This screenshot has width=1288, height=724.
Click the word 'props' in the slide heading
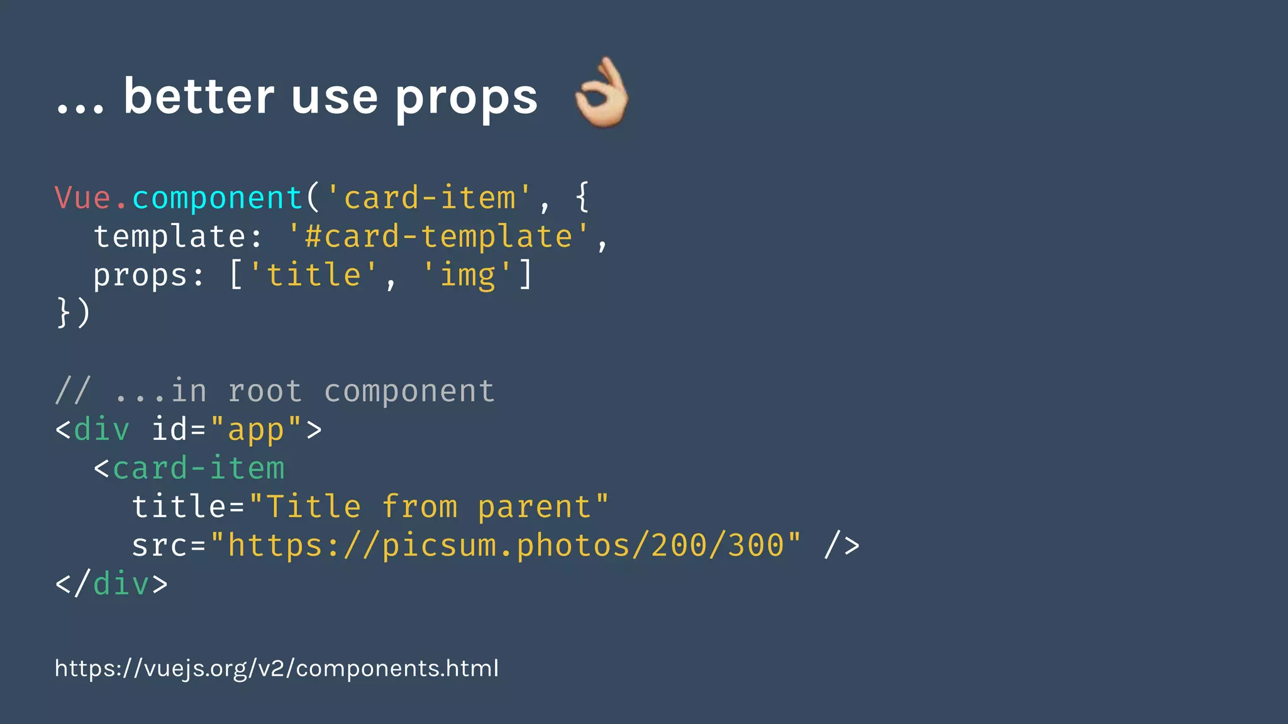click(x=466, y=98)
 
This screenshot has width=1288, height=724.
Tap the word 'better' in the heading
click(x=199, y=97)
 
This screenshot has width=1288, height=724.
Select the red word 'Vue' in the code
click(x=83, y=198)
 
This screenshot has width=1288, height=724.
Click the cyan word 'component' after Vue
click(x=218, y=199)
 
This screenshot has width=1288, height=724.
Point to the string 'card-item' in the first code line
click(x=430, y=198)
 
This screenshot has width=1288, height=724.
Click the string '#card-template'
click(x=438, y=237)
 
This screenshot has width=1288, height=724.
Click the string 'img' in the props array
click(x=467, y=275)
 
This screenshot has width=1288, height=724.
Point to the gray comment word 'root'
click(x=265, y=391)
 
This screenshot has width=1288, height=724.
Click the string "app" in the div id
click(x=255, y=430)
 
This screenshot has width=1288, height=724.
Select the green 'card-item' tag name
click(x=198, y=468)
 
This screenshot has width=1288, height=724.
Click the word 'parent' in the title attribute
click(x=535, y=507)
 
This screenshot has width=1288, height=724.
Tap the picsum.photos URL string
click(x=506, y=545)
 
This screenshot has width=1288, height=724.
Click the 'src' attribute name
click(x=159, y=546)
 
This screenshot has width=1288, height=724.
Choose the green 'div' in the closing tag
click(x=121, y=584)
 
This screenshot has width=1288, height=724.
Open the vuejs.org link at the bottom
click(x=277, y=668)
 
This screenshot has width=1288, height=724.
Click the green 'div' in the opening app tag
click(x=102, y=430)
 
